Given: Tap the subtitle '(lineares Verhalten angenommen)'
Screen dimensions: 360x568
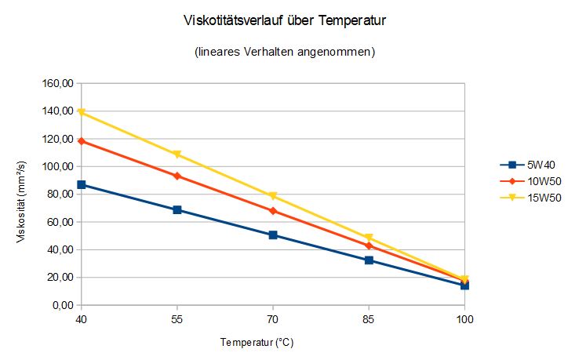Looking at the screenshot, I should [284, 53].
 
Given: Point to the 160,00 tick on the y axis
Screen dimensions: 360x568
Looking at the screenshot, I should [58, 83].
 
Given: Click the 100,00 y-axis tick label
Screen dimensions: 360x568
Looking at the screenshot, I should [58, 166].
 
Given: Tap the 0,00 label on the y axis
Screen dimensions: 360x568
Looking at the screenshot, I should [64, 305].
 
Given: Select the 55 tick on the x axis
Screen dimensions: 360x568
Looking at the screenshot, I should [177, 320].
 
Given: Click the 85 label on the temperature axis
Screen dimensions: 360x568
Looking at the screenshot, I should [369, 320].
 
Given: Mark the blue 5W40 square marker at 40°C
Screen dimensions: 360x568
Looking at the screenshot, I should [81, 184].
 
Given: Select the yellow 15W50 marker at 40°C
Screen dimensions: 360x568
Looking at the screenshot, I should [81, 112].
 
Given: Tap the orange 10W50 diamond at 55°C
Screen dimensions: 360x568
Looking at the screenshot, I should [177, 176].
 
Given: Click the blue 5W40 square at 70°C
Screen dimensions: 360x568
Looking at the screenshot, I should [273, 235].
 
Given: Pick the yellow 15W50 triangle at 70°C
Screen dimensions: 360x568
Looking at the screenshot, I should [273, 196].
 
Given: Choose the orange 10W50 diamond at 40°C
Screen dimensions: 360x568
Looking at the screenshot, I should [81, 141].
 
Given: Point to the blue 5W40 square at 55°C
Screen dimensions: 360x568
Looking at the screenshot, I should [177, 209].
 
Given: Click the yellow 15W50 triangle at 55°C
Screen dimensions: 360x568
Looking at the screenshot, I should [177, 155].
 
